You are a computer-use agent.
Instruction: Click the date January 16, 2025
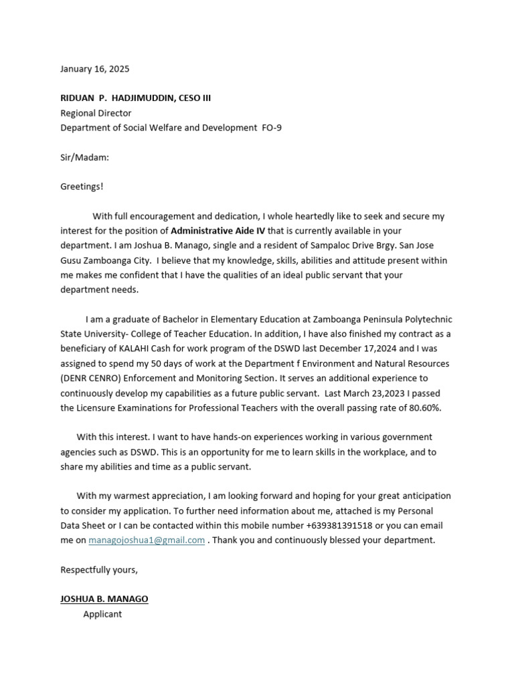[95, 69]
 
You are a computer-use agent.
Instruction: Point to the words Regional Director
[96, 113]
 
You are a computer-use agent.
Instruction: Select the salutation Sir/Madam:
[84, 157]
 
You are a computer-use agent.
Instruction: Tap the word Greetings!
[82, 187]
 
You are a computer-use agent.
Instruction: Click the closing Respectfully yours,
[99, 569]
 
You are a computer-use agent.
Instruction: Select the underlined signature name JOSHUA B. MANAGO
[104, 599]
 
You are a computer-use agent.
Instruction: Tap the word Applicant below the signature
[102, 613]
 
